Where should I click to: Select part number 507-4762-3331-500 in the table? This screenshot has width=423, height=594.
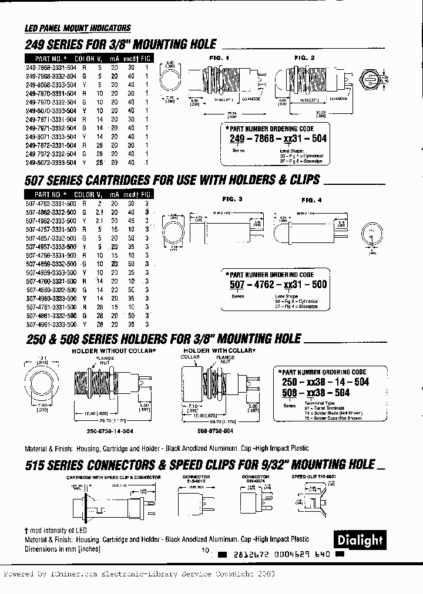click(x=51, y=203)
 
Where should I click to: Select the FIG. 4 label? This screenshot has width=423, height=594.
click(x=312, y=200)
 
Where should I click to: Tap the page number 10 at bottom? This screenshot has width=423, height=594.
click(x=205, y=551)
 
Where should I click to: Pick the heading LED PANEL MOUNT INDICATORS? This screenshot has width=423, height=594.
click(x=78, y=28)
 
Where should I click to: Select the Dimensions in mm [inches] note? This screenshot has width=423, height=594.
click(x=63, y=549)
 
